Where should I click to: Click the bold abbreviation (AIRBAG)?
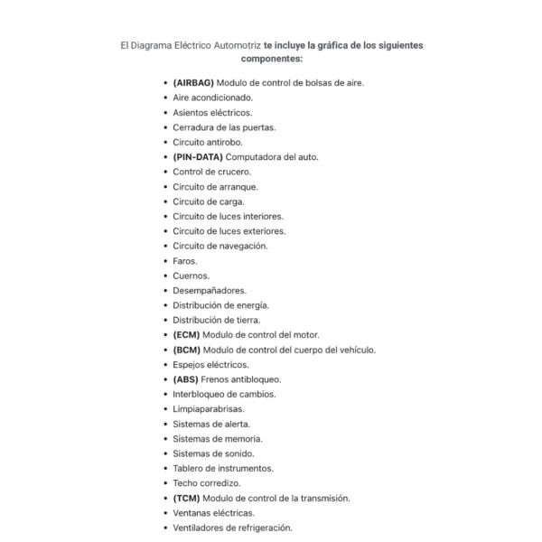tap(193, 82)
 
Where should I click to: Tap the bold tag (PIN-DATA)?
tap(198, 156)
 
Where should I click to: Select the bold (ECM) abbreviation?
tap(187, 334)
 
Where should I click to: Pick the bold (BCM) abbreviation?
tap(187, 350)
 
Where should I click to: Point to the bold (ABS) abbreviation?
tap(186, 379)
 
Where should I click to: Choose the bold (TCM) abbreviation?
tap(187, 498)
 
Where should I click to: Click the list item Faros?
tap(185, 261)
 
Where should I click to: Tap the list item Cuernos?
tap(191, 276)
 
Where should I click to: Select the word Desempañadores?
tap(210, 290)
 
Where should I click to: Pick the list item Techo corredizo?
tap(207, 483)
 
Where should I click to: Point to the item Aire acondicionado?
tap(213, 98)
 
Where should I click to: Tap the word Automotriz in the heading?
tap(231, 43)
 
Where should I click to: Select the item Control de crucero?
tap(212, 172)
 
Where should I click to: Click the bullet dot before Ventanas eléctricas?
tap(164, 513)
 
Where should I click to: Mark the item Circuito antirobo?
tap(208, 142)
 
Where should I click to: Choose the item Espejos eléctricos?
tap(211, 365)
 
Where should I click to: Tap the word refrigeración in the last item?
tap(261, 528)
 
